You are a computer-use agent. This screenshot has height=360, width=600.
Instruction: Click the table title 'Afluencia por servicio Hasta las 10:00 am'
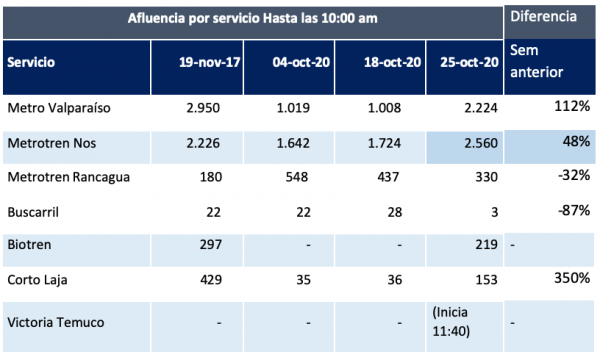253,18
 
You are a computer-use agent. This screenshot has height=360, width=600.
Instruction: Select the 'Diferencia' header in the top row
543,16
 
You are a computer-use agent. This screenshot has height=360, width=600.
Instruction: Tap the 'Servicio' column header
31,62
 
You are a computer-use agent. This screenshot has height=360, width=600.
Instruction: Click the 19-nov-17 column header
210,62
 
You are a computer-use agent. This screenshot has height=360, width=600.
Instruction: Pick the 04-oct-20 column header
301,62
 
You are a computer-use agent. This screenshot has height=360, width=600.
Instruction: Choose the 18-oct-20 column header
392,62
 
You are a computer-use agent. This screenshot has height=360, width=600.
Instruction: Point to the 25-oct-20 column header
469,62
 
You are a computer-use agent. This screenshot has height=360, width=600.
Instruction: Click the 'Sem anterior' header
536,61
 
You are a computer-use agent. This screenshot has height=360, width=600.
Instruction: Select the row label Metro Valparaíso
59,108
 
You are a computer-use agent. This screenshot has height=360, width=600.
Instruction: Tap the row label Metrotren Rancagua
68,177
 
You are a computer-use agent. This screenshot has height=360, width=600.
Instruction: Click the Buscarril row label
33,212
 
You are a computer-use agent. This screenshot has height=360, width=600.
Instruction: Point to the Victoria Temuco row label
55,323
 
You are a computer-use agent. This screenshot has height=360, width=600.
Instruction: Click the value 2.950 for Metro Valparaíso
203,108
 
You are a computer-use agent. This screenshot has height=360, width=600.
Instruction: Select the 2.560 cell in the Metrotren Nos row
481,143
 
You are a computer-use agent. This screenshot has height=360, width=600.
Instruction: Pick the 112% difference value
572,106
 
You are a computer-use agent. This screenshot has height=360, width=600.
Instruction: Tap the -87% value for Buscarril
574,210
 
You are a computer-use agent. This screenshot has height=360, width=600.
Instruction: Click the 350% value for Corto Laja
572,278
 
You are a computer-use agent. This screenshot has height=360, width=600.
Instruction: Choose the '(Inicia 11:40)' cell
451,321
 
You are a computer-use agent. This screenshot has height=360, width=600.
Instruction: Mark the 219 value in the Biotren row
486,244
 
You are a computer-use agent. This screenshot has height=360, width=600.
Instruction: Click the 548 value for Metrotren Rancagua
297,177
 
